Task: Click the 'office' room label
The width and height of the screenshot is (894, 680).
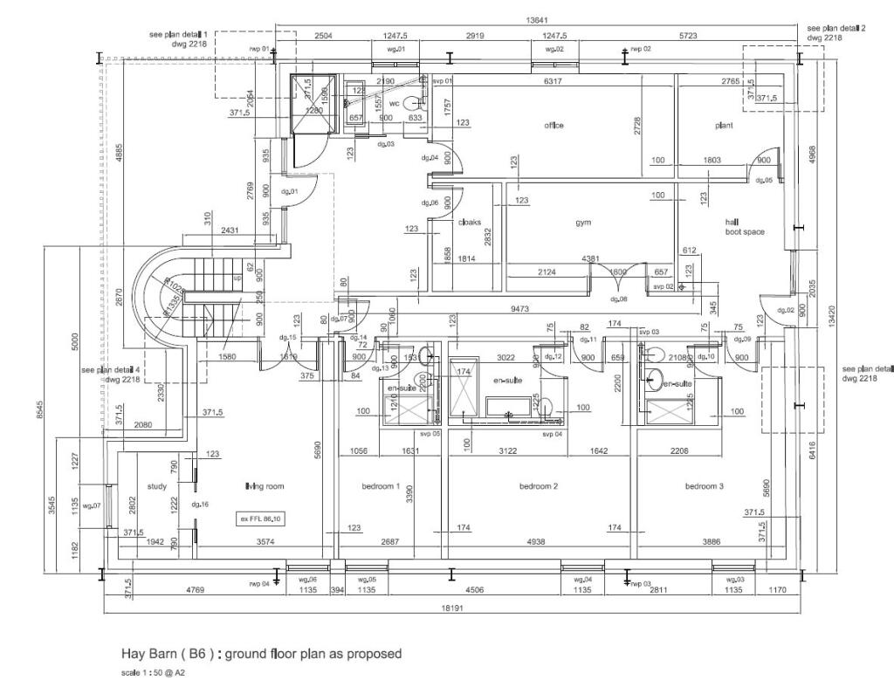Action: [554, 126]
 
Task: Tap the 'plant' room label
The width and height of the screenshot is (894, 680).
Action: [724, 126]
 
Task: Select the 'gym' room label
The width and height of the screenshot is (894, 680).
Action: [582, 223]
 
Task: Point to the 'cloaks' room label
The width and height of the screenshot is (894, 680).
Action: [470, 222]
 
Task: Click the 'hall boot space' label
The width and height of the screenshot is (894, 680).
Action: [744, 227]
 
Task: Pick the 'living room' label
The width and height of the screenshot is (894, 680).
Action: [264, 486]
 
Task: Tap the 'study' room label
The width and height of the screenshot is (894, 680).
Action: [156, 486]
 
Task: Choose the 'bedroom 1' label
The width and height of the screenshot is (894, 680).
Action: [381, 486]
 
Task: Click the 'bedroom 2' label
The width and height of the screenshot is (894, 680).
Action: [539, 486]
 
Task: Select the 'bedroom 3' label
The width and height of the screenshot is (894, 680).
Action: [705, 486]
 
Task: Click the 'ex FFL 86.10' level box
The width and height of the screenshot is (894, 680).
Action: [261, 519]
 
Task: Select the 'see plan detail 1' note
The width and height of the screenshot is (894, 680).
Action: [180, 33]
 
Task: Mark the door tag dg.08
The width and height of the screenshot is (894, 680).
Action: [619, 299]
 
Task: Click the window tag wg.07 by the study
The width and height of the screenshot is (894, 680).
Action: [92, 505]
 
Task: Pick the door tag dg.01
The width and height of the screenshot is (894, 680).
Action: [290, 191]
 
